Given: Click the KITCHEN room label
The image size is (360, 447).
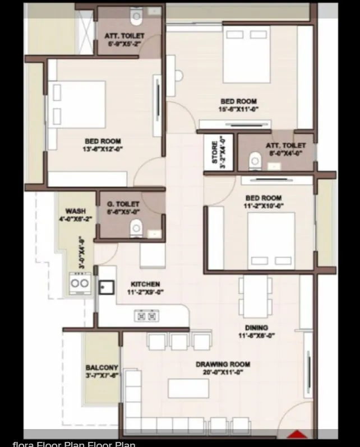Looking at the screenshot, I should point(145,285).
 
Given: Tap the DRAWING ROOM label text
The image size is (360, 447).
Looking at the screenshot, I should point(223,365).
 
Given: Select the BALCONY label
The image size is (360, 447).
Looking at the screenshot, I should point(101,368).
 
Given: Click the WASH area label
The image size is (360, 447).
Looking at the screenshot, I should point(76,211).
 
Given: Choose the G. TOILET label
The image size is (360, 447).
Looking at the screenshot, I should point(123,204).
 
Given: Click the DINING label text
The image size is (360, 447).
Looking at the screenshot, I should point(256,328).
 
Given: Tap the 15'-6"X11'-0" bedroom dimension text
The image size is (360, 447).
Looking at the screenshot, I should point(238,110).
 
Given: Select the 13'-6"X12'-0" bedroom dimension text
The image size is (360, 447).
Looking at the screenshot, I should point(103,149).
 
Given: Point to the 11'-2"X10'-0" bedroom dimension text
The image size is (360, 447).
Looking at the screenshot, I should point(264,206).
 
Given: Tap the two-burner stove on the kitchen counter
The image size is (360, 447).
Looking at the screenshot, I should point(146,316).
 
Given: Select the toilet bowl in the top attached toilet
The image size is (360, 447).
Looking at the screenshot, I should point(136,17).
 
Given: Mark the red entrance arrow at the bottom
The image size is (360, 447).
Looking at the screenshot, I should point(297,434).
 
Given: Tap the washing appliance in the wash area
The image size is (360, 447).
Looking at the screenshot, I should point(79,282).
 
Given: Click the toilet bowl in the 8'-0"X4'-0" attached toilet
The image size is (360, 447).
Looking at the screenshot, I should point(255,161).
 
